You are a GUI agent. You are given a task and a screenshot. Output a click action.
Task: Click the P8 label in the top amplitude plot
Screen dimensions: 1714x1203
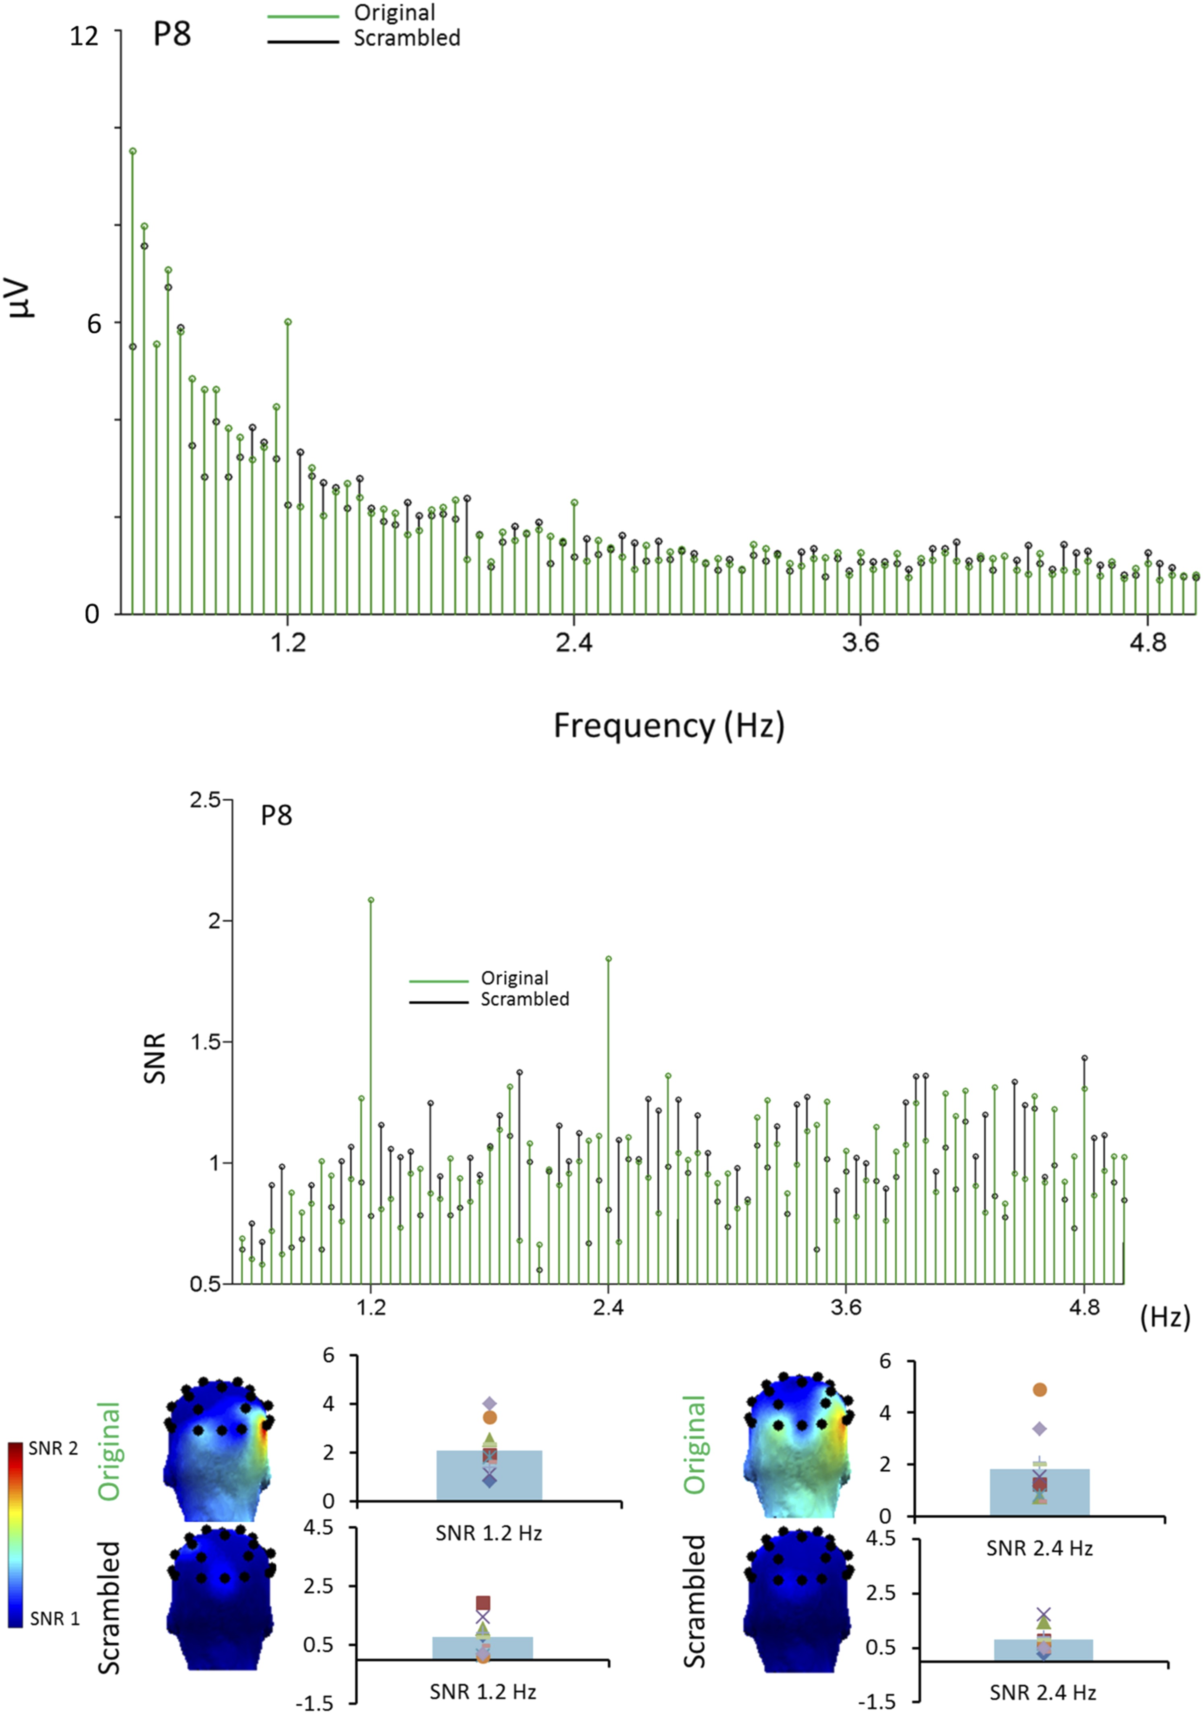pyautogui.click(x=171, y=34)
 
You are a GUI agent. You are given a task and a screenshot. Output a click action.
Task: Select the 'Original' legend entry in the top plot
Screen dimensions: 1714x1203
pyautogui.click(x=394, y=13)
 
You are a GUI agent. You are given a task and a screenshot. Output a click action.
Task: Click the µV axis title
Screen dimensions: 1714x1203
pyautogui.click(x=23, y=299)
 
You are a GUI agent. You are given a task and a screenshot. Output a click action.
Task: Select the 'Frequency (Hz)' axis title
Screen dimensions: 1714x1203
pyautogui.click(x=669, y=726)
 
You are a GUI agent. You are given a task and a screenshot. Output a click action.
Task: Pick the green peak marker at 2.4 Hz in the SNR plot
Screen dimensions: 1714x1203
pyautogui.click(x=608, y=959)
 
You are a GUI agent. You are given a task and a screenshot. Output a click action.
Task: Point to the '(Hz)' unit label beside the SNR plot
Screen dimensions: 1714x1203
pyautogui.click(x=1165, y=1317)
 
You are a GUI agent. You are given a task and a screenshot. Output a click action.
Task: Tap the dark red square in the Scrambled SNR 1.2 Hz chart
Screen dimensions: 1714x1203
pyautogui.click(x=483, y=1603)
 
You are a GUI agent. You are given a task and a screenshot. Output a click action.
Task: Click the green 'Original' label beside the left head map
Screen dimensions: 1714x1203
pyautogui.click(x=109, y=1451)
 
